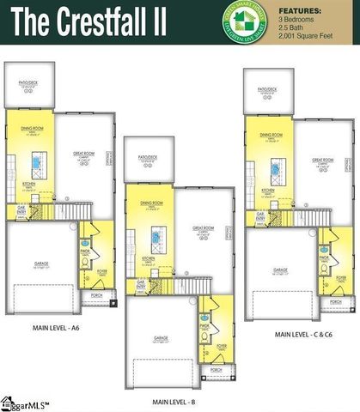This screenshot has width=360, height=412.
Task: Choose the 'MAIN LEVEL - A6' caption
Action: pos(56,327)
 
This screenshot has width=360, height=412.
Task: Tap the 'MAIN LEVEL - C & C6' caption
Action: pos(303,333)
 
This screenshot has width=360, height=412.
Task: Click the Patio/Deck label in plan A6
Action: pos(27,82)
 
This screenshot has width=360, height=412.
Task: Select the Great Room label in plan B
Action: pos(203,228)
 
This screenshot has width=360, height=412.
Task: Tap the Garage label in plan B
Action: pos(161,337)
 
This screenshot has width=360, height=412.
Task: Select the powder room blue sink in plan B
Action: pos(204,314)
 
